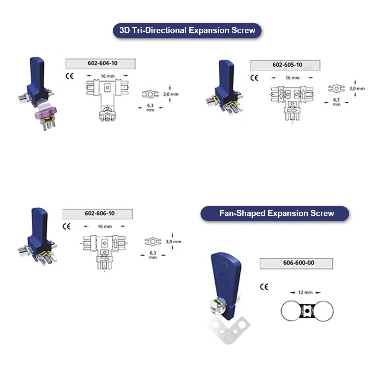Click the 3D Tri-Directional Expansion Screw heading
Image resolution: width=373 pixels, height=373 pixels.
(187, 30)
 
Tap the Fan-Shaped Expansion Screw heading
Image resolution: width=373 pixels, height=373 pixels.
(275, 214)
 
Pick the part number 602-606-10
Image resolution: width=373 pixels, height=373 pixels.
(98, 214)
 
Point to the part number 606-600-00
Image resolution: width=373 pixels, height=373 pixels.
(296, 263)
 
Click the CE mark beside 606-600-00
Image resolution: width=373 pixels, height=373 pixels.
(264, 287)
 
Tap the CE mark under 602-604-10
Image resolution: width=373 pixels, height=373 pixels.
(69, 76)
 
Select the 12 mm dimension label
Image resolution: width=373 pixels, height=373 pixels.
(306, 293)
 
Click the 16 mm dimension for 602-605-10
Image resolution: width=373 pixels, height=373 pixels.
(293, 78)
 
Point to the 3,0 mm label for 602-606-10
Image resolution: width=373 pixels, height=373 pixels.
(174, 241)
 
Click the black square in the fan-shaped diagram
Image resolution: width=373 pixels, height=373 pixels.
(307, 310)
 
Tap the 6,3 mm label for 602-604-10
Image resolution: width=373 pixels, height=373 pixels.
(151, 108)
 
